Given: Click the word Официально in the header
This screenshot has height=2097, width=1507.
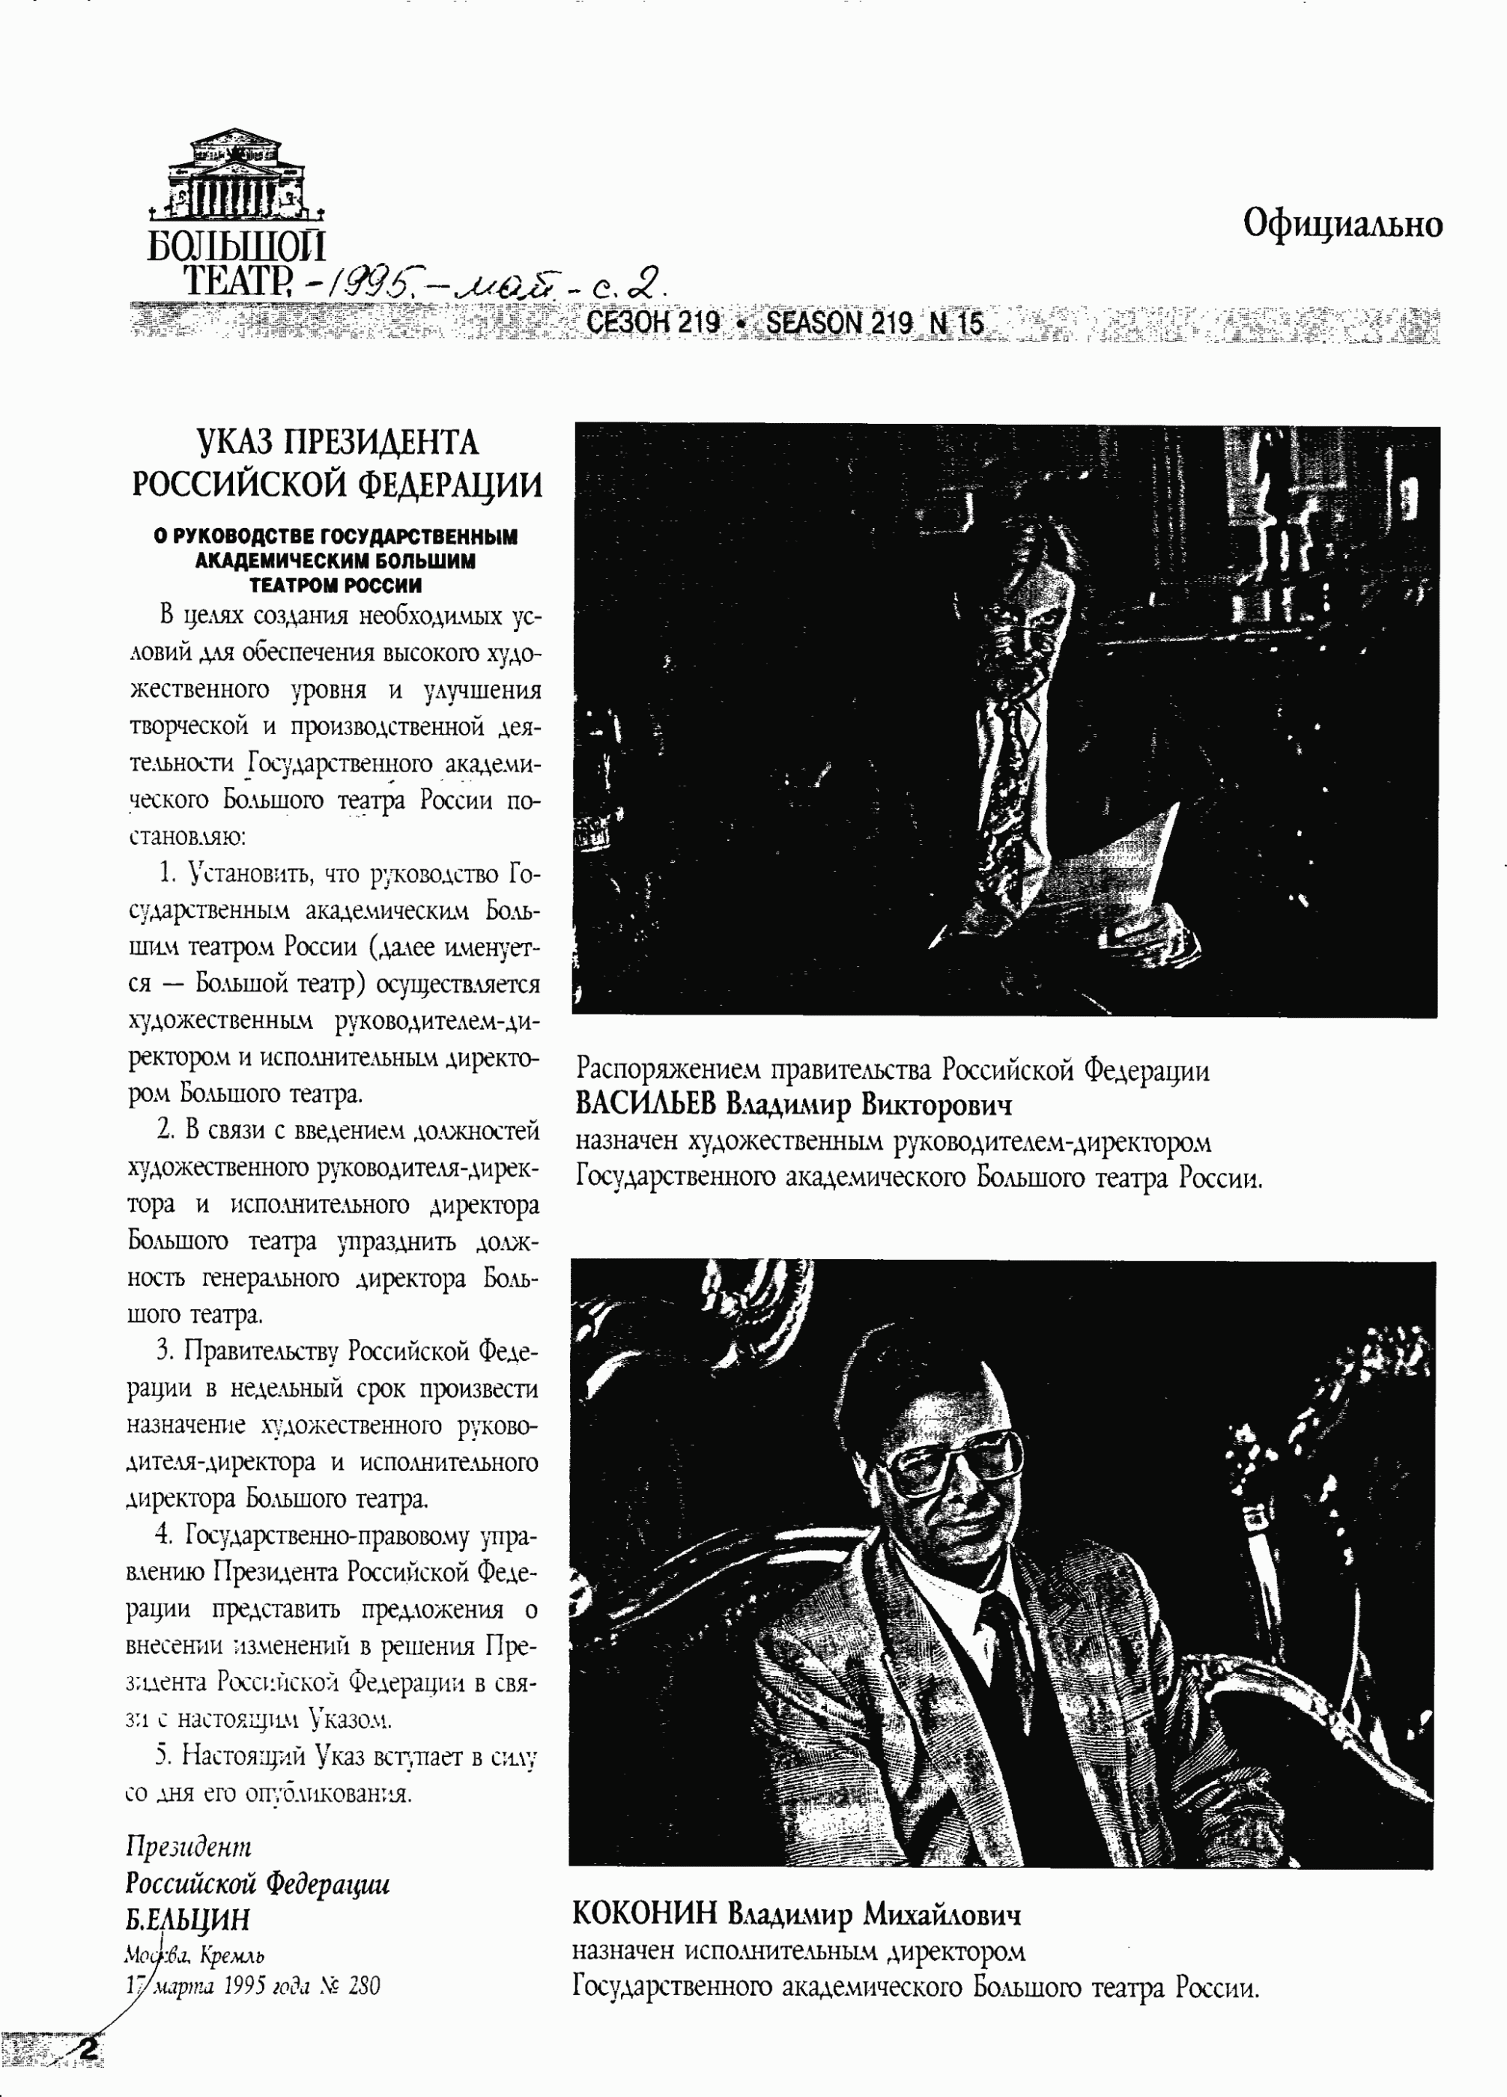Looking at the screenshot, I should (1341, 225).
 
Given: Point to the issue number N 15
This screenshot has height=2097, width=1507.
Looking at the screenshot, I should (956, 323).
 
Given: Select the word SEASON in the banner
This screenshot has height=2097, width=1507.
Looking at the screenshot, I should (813, 323).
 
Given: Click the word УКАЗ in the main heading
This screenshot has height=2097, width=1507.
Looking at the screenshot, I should (236, 443).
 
